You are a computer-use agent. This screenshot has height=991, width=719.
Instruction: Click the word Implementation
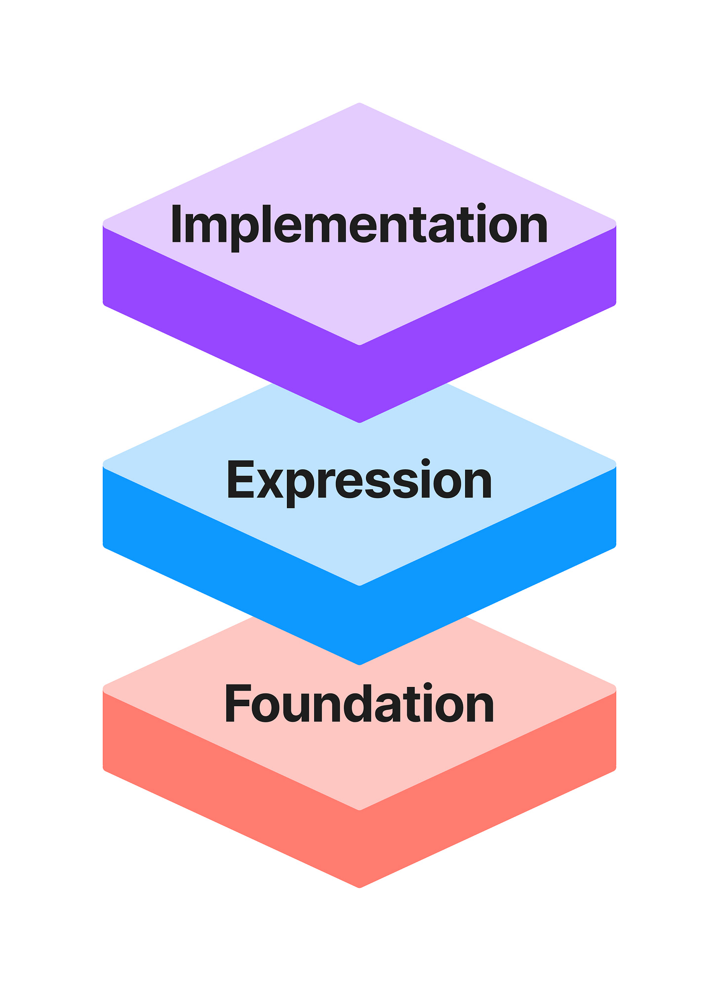pyautogui.click(x=359, y=225)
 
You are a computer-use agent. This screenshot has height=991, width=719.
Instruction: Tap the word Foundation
pyautogui.click(x=359, y=704)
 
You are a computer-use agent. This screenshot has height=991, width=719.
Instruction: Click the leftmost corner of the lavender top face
pyautogui.click(x=104, y=223)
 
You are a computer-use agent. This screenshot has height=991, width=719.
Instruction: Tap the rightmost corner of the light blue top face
pyautogui.click(x=615, y=464)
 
